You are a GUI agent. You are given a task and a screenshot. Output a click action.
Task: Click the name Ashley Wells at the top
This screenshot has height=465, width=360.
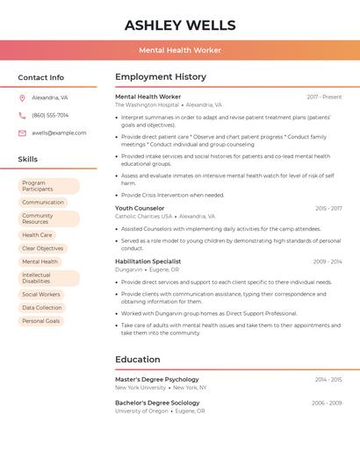(x=180, y=25)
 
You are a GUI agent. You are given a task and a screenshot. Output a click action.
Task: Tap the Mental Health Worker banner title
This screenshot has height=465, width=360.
(x=180, y=51)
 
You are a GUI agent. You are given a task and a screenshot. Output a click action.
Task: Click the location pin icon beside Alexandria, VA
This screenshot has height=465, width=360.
(x=22, y=98)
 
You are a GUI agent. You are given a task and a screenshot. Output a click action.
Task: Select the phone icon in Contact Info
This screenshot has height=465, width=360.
(x=22, y=115)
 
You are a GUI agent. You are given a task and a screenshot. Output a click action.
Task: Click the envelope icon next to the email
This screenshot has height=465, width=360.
(x=22, y=133)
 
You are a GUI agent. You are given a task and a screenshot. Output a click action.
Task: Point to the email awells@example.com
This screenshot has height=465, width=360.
(x=59, y=133)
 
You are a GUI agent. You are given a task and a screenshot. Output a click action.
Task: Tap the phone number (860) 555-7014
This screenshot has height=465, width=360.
(x=50, y=115)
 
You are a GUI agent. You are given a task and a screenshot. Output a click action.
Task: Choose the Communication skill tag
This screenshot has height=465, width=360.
(x=43, y=203)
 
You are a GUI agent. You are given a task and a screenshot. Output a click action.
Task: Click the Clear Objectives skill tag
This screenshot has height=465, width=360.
(x=42, y=248)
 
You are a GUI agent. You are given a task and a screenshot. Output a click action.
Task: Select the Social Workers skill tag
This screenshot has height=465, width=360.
(x=41, y=295)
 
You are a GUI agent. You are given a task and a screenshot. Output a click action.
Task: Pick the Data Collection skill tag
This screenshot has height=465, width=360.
(x=42, y=308)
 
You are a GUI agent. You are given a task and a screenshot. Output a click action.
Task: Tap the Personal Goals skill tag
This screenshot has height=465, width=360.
(x=41, y=321)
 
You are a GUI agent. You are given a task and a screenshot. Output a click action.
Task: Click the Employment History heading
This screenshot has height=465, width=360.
(x=161, y=77)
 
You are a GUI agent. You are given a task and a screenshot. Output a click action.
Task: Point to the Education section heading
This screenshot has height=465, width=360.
(x=138, y=359)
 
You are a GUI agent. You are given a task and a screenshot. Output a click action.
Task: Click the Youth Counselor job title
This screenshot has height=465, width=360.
(x=140, y=209)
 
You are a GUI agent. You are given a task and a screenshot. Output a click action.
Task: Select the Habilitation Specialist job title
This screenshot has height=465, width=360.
(x=148, y=261)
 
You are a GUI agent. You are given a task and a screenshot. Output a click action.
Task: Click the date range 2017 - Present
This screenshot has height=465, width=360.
(x=324, y=97)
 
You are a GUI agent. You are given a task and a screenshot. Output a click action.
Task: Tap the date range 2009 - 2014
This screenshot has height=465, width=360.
(x=327, y=261)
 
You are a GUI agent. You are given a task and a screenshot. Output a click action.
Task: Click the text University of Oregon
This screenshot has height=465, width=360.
(x=141, y=411)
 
